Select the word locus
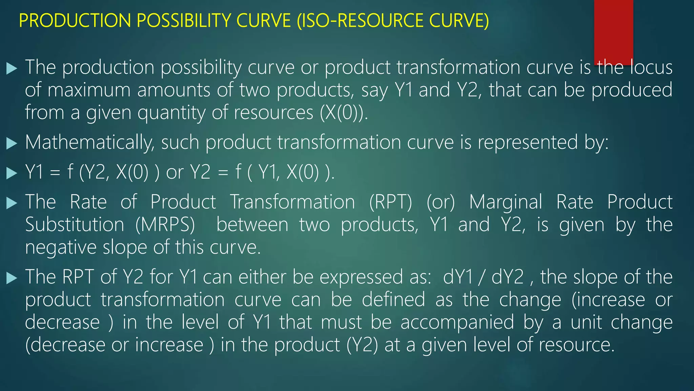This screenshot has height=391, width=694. tap(651, 67)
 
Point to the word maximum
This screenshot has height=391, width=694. tap(89, 90)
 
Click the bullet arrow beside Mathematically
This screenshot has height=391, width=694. tap(12, 143)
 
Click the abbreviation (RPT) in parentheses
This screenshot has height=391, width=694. tap(390, 202)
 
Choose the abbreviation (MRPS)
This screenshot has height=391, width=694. tap(165, 225)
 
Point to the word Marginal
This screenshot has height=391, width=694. tap(506, 202)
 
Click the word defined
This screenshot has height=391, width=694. tap(393, 300)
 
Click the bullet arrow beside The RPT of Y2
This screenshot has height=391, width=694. tap(12, 278)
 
